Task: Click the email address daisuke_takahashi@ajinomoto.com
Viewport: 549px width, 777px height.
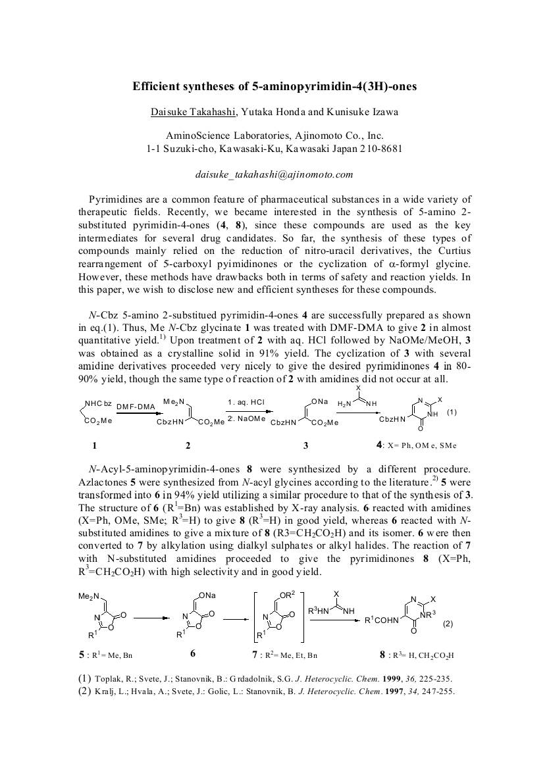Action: click(274, 174)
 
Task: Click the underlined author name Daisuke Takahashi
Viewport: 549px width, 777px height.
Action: click(193, 112)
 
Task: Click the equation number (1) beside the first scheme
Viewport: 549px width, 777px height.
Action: click(452, 413)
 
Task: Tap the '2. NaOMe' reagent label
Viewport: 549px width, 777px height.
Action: click(246, 418)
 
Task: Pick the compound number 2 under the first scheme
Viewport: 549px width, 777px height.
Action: click(188, 445)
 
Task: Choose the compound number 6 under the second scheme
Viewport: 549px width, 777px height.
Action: click(192, 655)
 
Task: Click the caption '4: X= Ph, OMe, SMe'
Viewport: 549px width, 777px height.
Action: click(416, 445)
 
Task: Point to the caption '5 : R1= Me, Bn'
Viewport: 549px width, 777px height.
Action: click(109, 655)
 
